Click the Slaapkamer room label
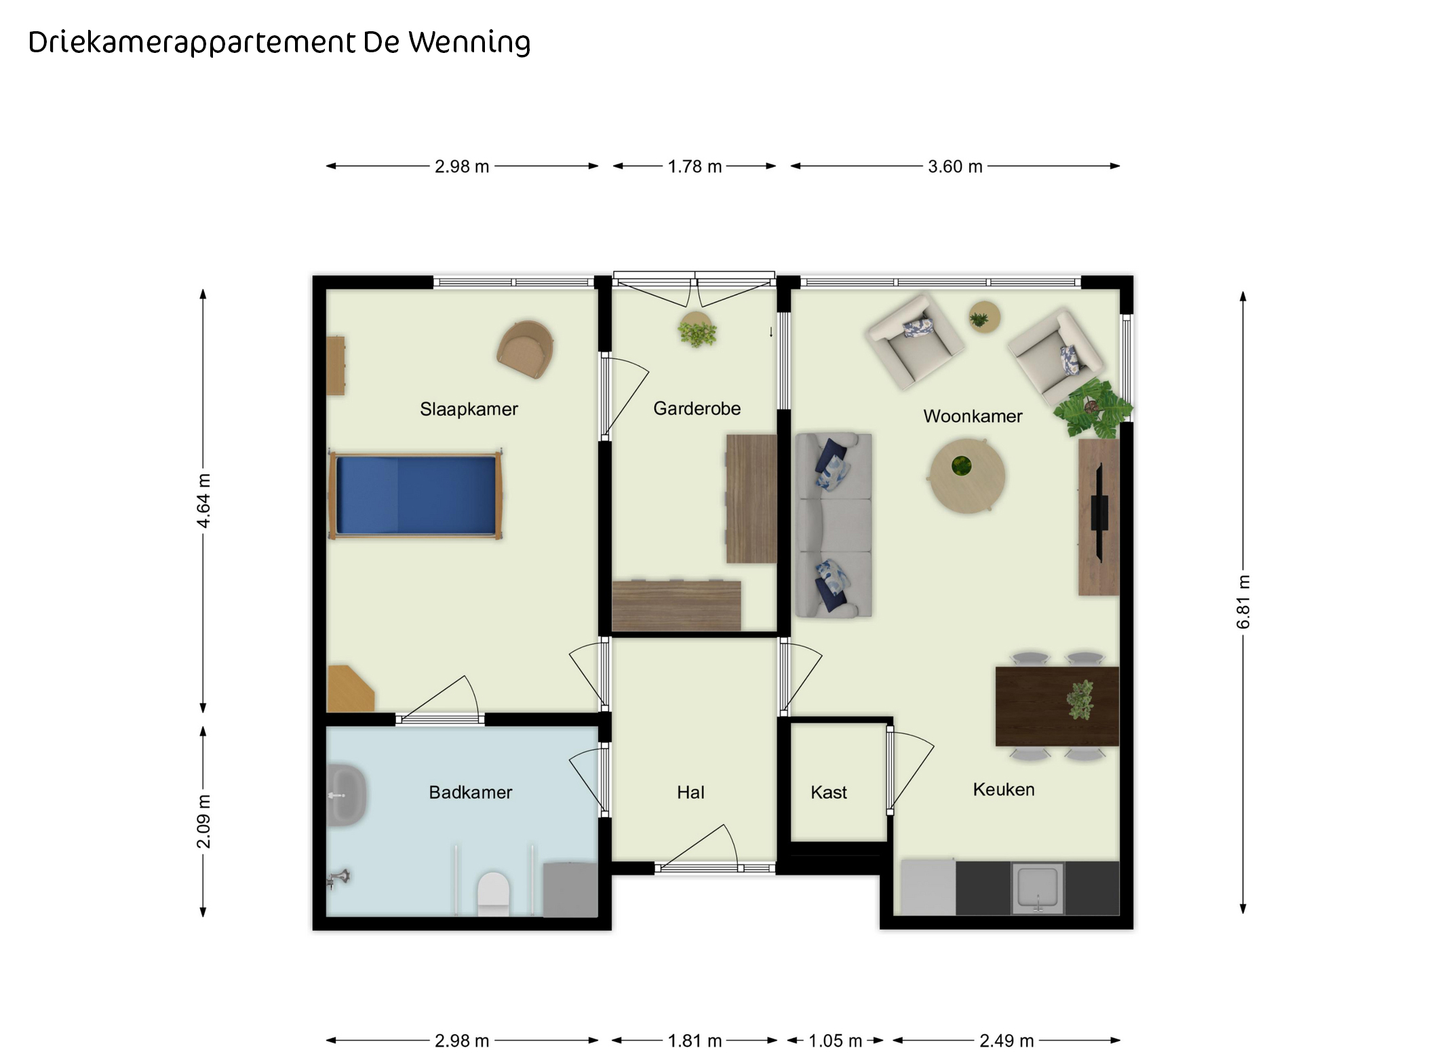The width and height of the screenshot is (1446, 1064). tap(469, 409)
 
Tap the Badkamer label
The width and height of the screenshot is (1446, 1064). tap(470, 792)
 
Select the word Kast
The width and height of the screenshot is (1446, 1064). tap(829, 792)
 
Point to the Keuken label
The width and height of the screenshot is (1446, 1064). tap(1004, 789)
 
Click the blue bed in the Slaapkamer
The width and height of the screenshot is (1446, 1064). tap(415, 495)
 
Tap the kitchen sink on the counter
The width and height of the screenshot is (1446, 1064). tap(1038, 888)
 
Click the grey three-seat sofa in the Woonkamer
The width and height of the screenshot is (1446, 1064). tap(834, 525)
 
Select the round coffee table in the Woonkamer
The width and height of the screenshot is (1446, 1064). tap(966, 475)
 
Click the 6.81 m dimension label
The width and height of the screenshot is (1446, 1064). tap(1243, 602)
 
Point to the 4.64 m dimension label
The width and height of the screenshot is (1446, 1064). tap(203, 501)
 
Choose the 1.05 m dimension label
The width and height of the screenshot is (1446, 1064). tap(835, 1040)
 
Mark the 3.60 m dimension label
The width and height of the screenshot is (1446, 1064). tap(955, 166)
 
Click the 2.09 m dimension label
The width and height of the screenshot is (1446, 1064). tap(203, 821)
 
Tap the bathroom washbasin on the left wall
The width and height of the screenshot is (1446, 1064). tap(347, 795)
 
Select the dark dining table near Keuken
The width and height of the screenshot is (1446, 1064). tap(1057, 706)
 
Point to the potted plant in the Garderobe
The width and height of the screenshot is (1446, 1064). tap(697, 331)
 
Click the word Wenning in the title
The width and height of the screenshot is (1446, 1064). tap(469, 43)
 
